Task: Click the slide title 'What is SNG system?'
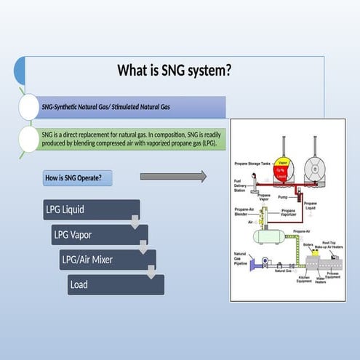[x=175, y=71]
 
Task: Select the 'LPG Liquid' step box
[x=91, y=210]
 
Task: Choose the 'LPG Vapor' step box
[x=99, y=235]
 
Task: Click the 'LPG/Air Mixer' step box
[x=107, y=260]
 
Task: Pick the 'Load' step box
[x=115, y=284]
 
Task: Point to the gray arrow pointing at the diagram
[x=172, y=176]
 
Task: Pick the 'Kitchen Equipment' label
[x=305, y=281]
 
